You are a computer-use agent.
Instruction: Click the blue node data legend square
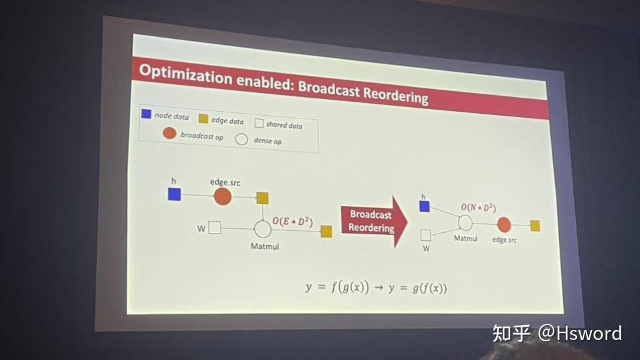click(146, 114)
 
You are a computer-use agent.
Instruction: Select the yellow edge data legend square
click(203, 118)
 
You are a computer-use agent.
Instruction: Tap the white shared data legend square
click(258, 123)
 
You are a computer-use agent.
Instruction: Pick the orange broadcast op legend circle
click(169, 133)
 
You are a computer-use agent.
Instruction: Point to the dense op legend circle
click(241, 139)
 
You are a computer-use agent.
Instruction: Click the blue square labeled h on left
click(175, 194)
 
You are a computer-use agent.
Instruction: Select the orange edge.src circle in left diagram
click(222, 196)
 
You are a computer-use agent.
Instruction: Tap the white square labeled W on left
click(215, 228)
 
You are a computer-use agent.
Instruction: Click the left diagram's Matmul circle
click(262, 229)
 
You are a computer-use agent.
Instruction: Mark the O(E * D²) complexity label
click(292, 220)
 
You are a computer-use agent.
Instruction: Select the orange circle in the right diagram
click(504, 225)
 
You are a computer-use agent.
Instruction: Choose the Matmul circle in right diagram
click(465, 223)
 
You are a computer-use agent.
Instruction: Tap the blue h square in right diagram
click(424, 206)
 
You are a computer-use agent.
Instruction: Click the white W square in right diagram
click(425, 235)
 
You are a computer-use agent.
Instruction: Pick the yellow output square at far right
click(534, 226)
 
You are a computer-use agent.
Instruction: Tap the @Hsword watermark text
click(580, 333)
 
